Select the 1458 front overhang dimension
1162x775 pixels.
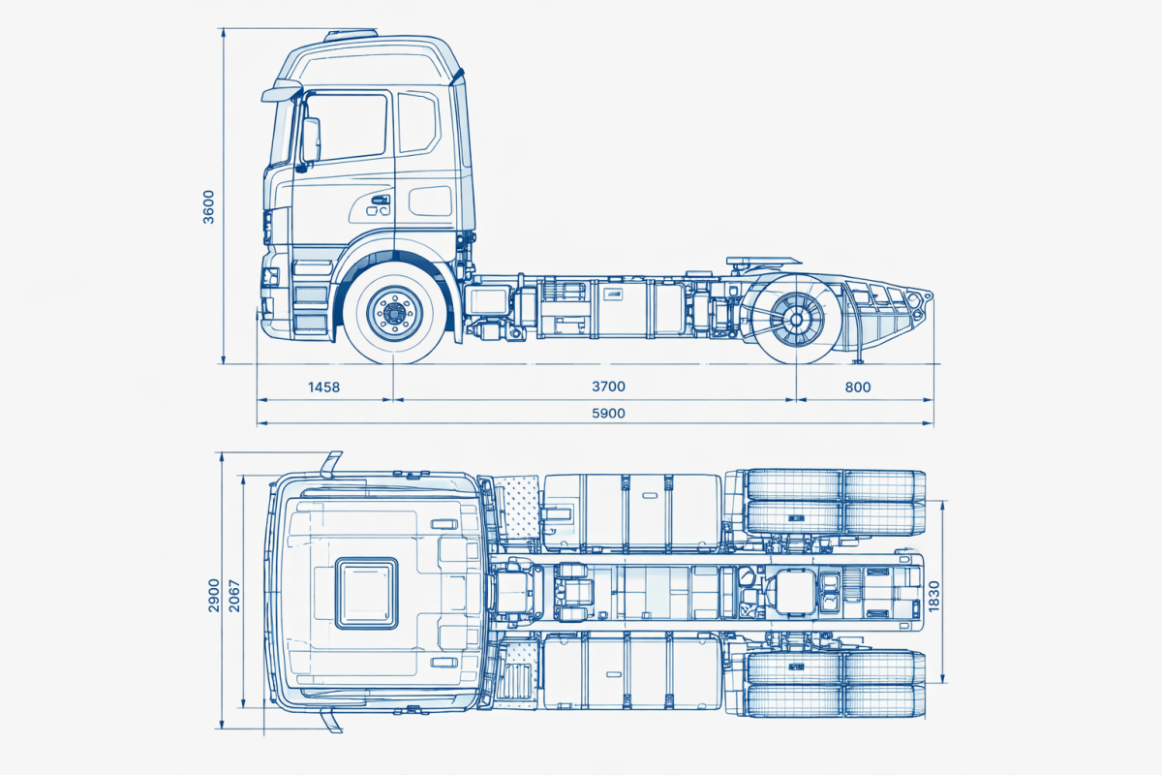[x=323, y=387]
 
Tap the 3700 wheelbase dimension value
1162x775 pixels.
[x=608, y=387]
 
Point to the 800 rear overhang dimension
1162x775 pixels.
[x=857, y=387]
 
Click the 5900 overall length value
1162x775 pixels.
[x=608, y=414]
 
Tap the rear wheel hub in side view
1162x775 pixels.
[x=796, y=317]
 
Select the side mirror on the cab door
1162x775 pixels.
[x=310, y=140]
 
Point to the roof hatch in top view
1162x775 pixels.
[x=366, y=592]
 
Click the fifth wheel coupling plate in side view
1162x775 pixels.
[x=765, y=261]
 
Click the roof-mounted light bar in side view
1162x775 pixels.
[x=351, y=35]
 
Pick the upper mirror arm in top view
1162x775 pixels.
[x=331, y=463]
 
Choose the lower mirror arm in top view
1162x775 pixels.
[x=332, y=720]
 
